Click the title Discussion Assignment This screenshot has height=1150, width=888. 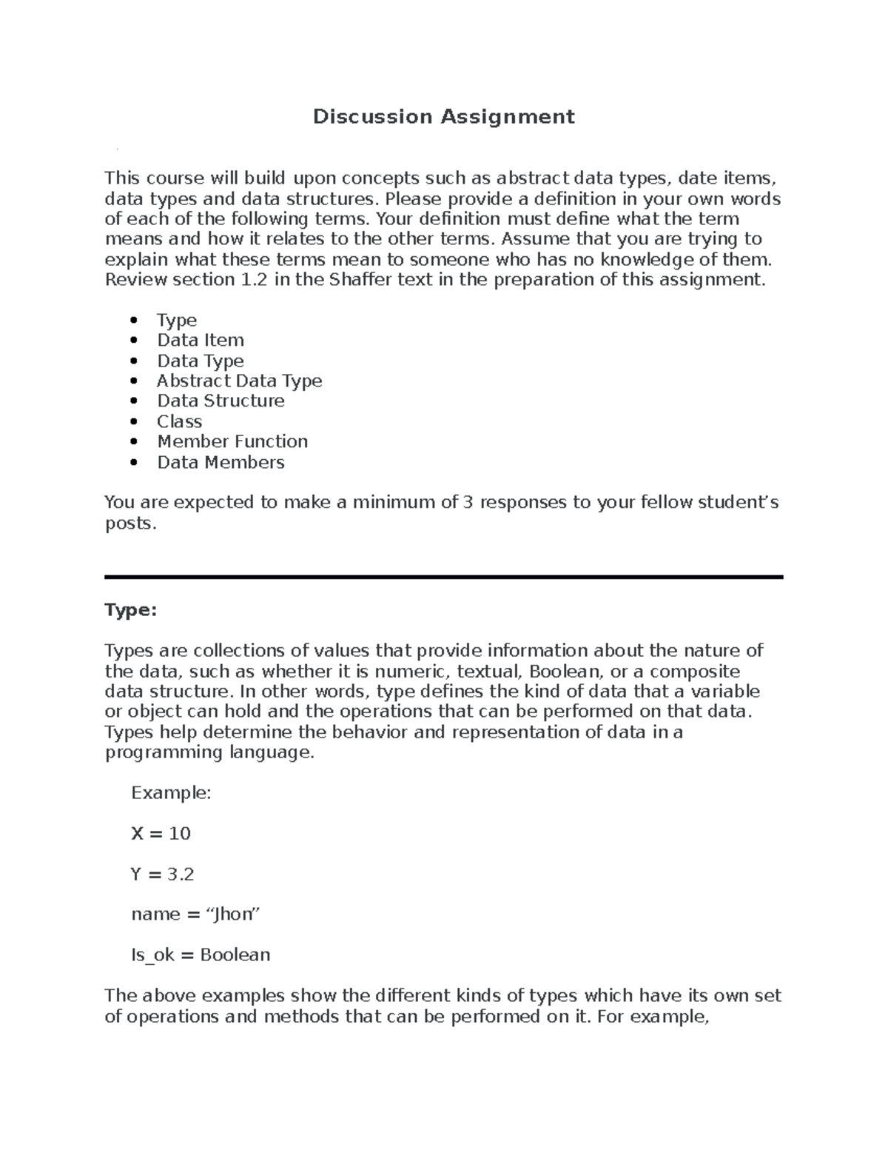[443, 117]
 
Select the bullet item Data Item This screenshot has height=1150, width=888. [200, 341]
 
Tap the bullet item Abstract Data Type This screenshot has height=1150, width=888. [239, 381]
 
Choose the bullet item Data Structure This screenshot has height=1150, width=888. [221, 401]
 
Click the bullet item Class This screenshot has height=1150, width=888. [179, 421]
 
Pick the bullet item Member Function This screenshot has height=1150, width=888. [232, 442]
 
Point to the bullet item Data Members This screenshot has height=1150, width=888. [221, 463]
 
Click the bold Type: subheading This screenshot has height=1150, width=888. [131, 610]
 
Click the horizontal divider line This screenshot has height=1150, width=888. [443, 577]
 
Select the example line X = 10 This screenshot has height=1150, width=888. [161, 834]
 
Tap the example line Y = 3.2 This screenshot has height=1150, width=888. [162, 875]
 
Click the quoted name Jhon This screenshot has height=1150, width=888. [233, 915]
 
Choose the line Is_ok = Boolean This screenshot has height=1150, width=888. [201, 955]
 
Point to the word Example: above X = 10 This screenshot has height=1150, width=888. [171, 793]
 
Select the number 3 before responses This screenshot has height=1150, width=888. [467, 503]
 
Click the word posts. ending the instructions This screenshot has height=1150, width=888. [131, 524]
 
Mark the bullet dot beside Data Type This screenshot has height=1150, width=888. [134, 361]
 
